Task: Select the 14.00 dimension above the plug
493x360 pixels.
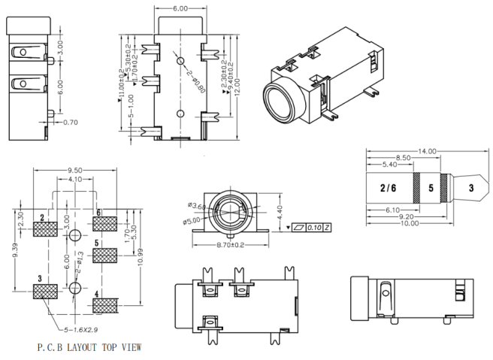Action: point(427,152)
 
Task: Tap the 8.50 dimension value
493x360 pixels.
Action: point(404,158)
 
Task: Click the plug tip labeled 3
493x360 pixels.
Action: point(470,187)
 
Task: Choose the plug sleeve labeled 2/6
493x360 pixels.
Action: point(389,187)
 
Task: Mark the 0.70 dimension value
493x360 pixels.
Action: point(71,122)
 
